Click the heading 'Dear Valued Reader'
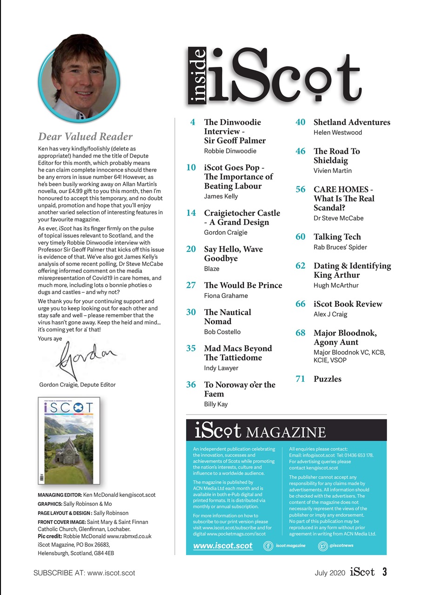pyautogui.click(x=85, y=136)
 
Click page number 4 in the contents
pyautogui.click(x=193, y=122)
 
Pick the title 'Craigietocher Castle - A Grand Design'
pyautogui.click(x=242, y=218)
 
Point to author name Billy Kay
pyautogui.click(x=216, y=404)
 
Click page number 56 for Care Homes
pyautogui.click(x=301, y=189)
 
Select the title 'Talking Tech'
pyautogui.click(x=337, y=237)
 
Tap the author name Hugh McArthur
pyautogui.click(x=336, y=285)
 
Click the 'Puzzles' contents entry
pyautogui.click(x=327, y=379)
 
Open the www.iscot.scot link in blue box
pyautogui.click(x=223, y=546)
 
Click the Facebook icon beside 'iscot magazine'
pyautogui.click(x=268, y=546)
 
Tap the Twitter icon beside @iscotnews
pyautogui.click(x=322, y=546)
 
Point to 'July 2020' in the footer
pyautogui.click(x=330, y=573)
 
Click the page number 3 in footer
pyautogui.click(x=384, y=572)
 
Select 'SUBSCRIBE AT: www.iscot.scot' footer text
pyautogui.click(x=84, y=573)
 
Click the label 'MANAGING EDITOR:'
pyautogui.click(x=60, y=495)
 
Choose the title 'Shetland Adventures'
pyautogui.click(x=352, y=122)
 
